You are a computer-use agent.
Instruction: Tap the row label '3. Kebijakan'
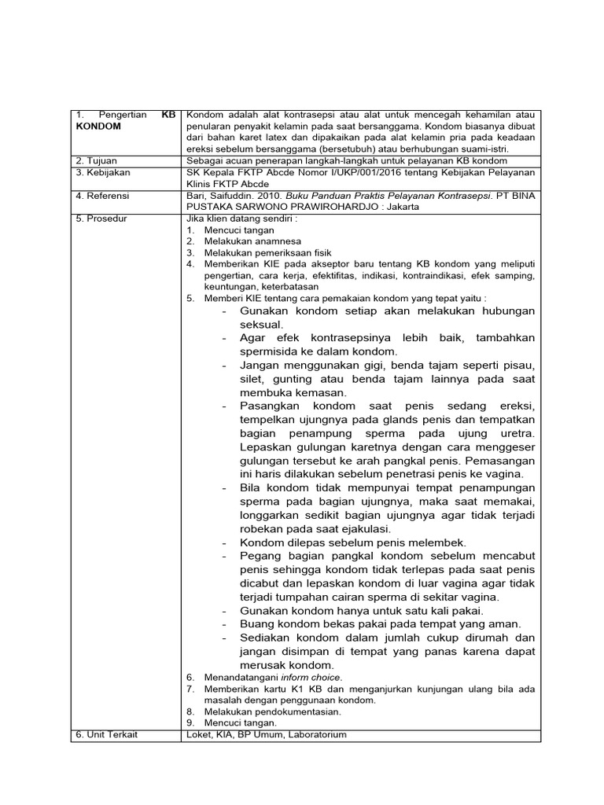coord(103,172)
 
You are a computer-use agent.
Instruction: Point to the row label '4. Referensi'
coord(103,196)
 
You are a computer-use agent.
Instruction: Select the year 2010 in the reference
coord(259,196)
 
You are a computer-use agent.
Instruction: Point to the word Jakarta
coord(399,207)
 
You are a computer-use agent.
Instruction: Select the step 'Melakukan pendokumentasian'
coord(272,711)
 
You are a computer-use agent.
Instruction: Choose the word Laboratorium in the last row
coord(317,734)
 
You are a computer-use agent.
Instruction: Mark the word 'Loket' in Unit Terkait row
coord(197,734)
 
